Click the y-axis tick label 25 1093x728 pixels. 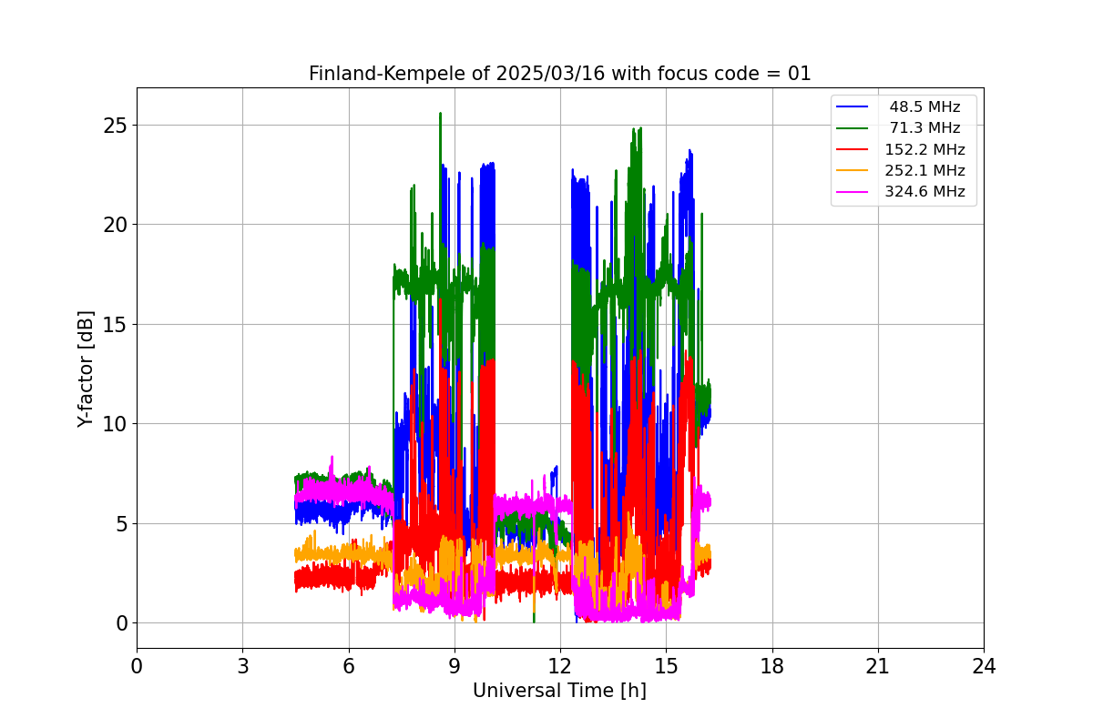click(x=114, y=125)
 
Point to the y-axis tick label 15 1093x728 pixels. click(x=114, y=324)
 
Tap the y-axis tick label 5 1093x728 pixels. click(x=119, y=523)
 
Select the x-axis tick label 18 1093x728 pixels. click(x=772, y=667)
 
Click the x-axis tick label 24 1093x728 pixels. click(x=984, y=667)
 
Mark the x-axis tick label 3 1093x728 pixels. click(x=242, y=667)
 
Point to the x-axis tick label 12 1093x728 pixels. click(x=560, y=667)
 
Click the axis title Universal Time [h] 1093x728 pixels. click(x=559, y=691)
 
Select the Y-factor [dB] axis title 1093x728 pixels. click(x=86, y=369)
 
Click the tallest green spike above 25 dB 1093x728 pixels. click(x=440, y=115)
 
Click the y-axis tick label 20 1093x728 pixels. click(x=114, y=224)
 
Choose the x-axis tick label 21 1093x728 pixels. click(x=878, y=667)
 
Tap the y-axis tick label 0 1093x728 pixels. click(x=119, y=623)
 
